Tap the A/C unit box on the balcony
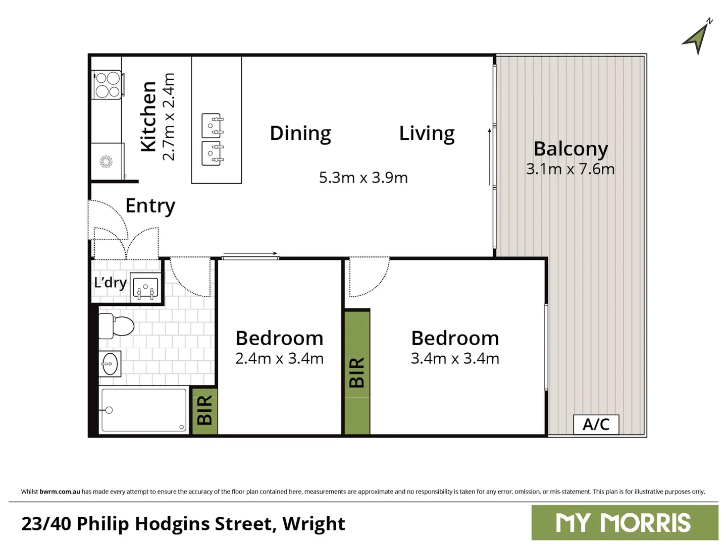click(596, 424)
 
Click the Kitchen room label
click(148, 117)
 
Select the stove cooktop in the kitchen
click(107, 85)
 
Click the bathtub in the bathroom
click(143, 410)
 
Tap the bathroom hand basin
click(110, 363)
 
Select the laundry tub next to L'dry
click(145, 288)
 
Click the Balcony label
click(570, 149)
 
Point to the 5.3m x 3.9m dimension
click(363, 178)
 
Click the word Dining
click(300, 133)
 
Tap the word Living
click(427, 133)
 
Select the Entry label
click(150, 206)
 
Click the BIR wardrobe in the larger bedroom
click(357, 372)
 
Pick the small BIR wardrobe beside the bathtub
click(204, 410)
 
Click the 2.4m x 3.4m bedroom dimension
click(279, 358)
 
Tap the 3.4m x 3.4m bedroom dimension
click(454, 358)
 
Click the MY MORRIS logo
click(624, 523)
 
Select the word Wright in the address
click(314, 524)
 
